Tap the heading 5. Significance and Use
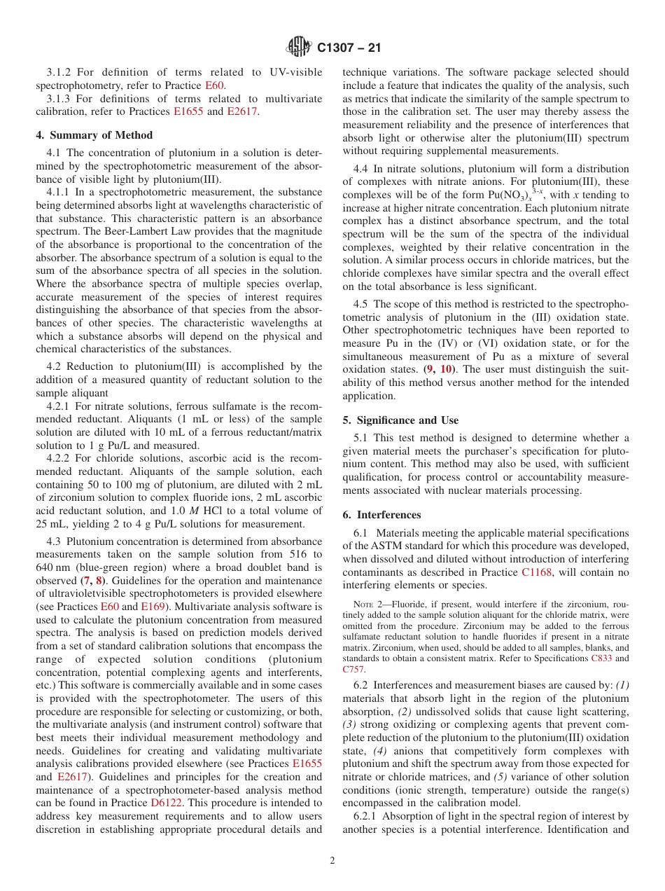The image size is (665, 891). point(400,420)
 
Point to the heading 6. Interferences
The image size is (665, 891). point(381,515)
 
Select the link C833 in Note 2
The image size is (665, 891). point(599,658)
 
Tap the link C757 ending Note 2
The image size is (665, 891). point(353,669)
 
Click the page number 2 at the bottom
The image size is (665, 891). point(332,861)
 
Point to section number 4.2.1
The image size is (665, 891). point(59,406)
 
